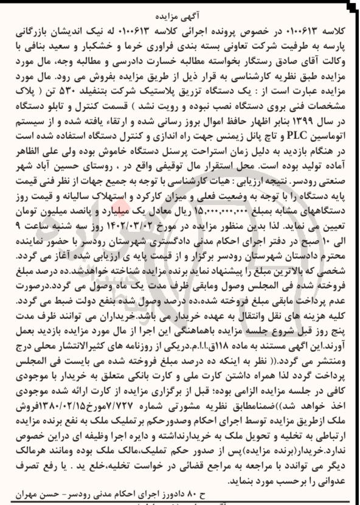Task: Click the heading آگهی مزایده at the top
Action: click(x=181, y=9)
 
